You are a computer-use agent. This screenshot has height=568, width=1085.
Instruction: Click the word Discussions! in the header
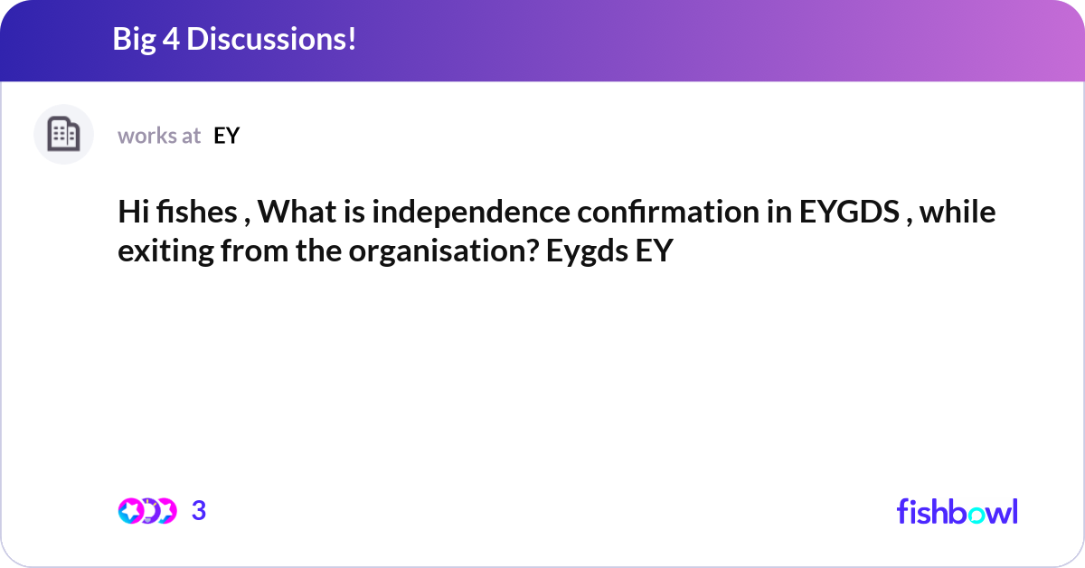(x=271, y=39)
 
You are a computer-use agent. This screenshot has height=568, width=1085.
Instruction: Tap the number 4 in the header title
(x=171, y=39)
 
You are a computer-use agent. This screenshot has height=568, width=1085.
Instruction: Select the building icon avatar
(x=63, y=134)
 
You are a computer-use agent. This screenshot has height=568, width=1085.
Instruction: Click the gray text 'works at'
(x=159, y=137)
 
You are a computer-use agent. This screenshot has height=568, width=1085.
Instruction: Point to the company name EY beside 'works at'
(x=227, y=137)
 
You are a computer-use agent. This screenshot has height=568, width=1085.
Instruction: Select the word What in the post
(x=297, y=213)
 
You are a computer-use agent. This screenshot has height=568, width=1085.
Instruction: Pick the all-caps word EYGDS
(x=849, y=213)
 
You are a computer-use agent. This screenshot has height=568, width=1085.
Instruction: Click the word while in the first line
(x=958, y=213)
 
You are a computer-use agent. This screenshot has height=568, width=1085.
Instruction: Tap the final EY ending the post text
(x=654, y=251)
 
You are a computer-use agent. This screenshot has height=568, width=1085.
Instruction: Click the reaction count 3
(x=199, y=511)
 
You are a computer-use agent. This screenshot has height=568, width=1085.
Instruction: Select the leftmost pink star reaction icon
(x=130, y=511)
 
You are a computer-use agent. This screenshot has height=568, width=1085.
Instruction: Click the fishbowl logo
(x=958, y=511)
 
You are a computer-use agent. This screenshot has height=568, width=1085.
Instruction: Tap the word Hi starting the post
(x=133, y=213)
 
